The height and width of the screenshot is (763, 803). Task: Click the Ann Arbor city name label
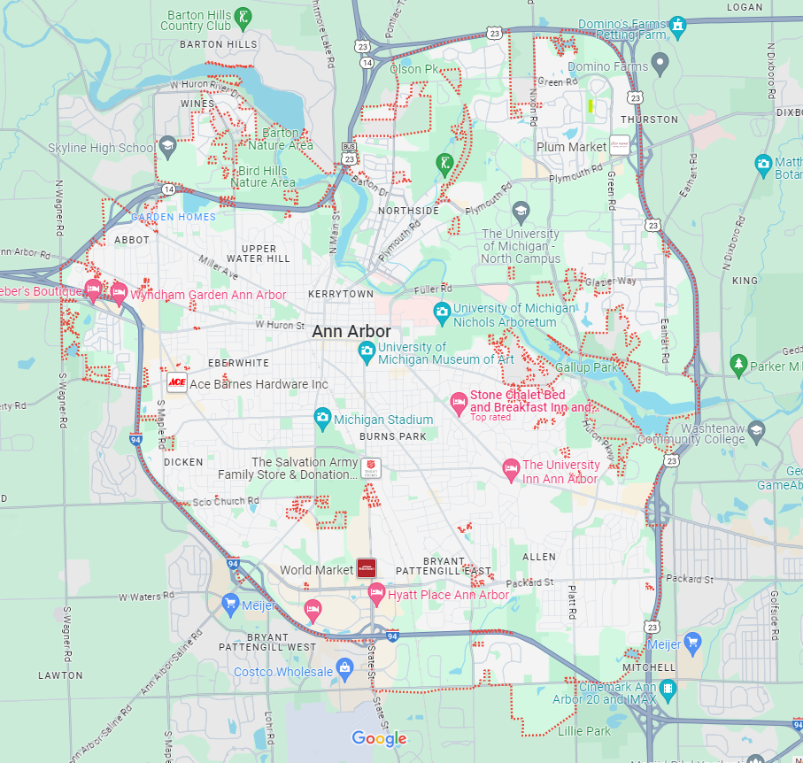[351, 331]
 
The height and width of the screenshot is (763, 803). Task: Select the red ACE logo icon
[177, 383]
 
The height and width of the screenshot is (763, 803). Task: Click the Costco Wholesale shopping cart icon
[346, 667]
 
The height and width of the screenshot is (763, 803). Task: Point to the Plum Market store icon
[620, 146]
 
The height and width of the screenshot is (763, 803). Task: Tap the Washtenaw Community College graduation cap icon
[755, 430]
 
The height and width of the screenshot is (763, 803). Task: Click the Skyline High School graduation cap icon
[166, 147]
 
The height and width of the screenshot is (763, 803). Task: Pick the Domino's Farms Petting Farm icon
[677, 24]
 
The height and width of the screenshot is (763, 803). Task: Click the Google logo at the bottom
[379, 738]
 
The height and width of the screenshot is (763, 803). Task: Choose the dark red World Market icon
[367, 568]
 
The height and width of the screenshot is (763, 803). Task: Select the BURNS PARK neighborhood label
[392, 436]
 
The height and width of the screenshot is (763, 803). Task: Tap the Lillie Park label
[584, 731]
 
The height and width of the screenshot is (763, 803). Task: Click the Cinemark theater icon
[667, 688]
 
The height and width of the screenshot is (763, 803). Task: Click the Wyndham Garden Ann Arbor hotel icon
[119, 290]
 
